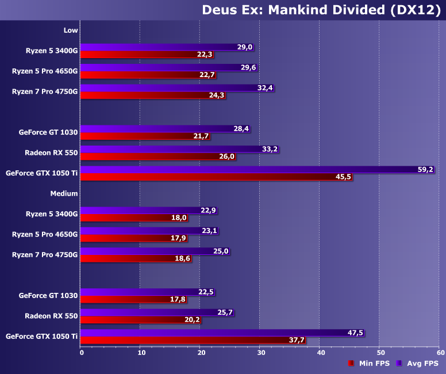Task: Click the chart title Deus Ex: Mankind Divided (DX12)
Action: click(321, 10)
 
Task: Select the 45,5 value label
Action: click(344, 177)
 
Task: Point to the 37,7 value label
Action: click(297, 341)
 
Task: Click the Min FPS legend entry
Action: click(368, 363)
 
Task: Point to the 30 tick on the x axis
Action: click(259, 352)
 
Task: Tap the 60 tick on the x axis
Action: click(440, 352)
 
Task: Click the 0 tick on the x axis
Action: click(82, 352)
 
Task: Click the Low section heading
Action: click(71, 30)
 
